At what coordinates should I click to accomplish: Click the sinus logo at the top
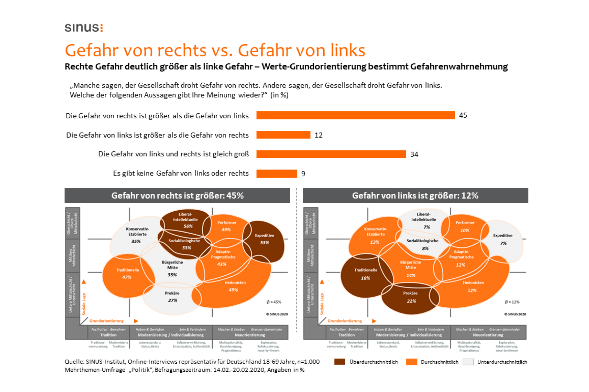tap(84, 28)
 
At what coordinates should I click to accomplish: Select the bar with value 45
tap(355, 115)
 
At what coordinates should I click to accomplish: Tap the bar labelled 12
tap(283, 135)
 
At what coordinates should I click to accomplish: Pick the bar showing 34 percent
tap(331, 154)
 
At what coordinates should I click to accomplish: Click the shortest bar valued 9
tap(277, 173)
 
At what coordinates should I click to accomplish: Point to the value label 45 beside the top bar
tap(463, 115)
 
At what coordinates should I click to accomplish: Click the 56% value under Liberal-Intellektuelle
tap(188, 226)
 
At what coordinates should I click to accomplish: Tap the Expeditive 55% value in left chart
tap(264, 243)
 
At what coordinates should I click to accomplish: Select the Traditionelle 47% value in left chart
tap(127, 277)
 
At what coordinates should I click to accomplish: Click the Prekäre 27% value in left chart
tap(172, 301)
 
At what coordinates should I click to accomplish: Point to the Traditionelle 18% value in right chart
tap(365, 278)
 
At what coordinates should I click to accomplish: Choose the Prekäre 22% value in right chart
tap(411, 301)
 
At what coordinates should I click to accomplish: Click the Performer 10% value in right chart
tap(465, 230)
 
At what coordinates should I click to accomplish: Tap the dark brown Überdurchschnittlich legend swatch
tap(340, 362)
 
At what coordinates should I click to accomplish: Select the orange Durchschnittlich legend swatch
tap(411, 362)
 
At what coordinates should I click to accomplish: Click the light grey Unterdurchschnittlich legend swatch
tap(468, 362)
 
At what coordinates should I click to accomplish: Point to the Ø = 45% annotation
tap(274, 302)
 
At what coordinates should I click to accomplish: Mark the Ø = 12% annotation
tap(512, 302)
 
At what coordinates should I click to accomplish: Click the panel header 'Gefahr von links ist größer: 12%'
tap(415, 196)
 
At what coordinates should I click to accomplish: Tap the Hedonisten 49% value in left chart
tap(233, 290)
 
